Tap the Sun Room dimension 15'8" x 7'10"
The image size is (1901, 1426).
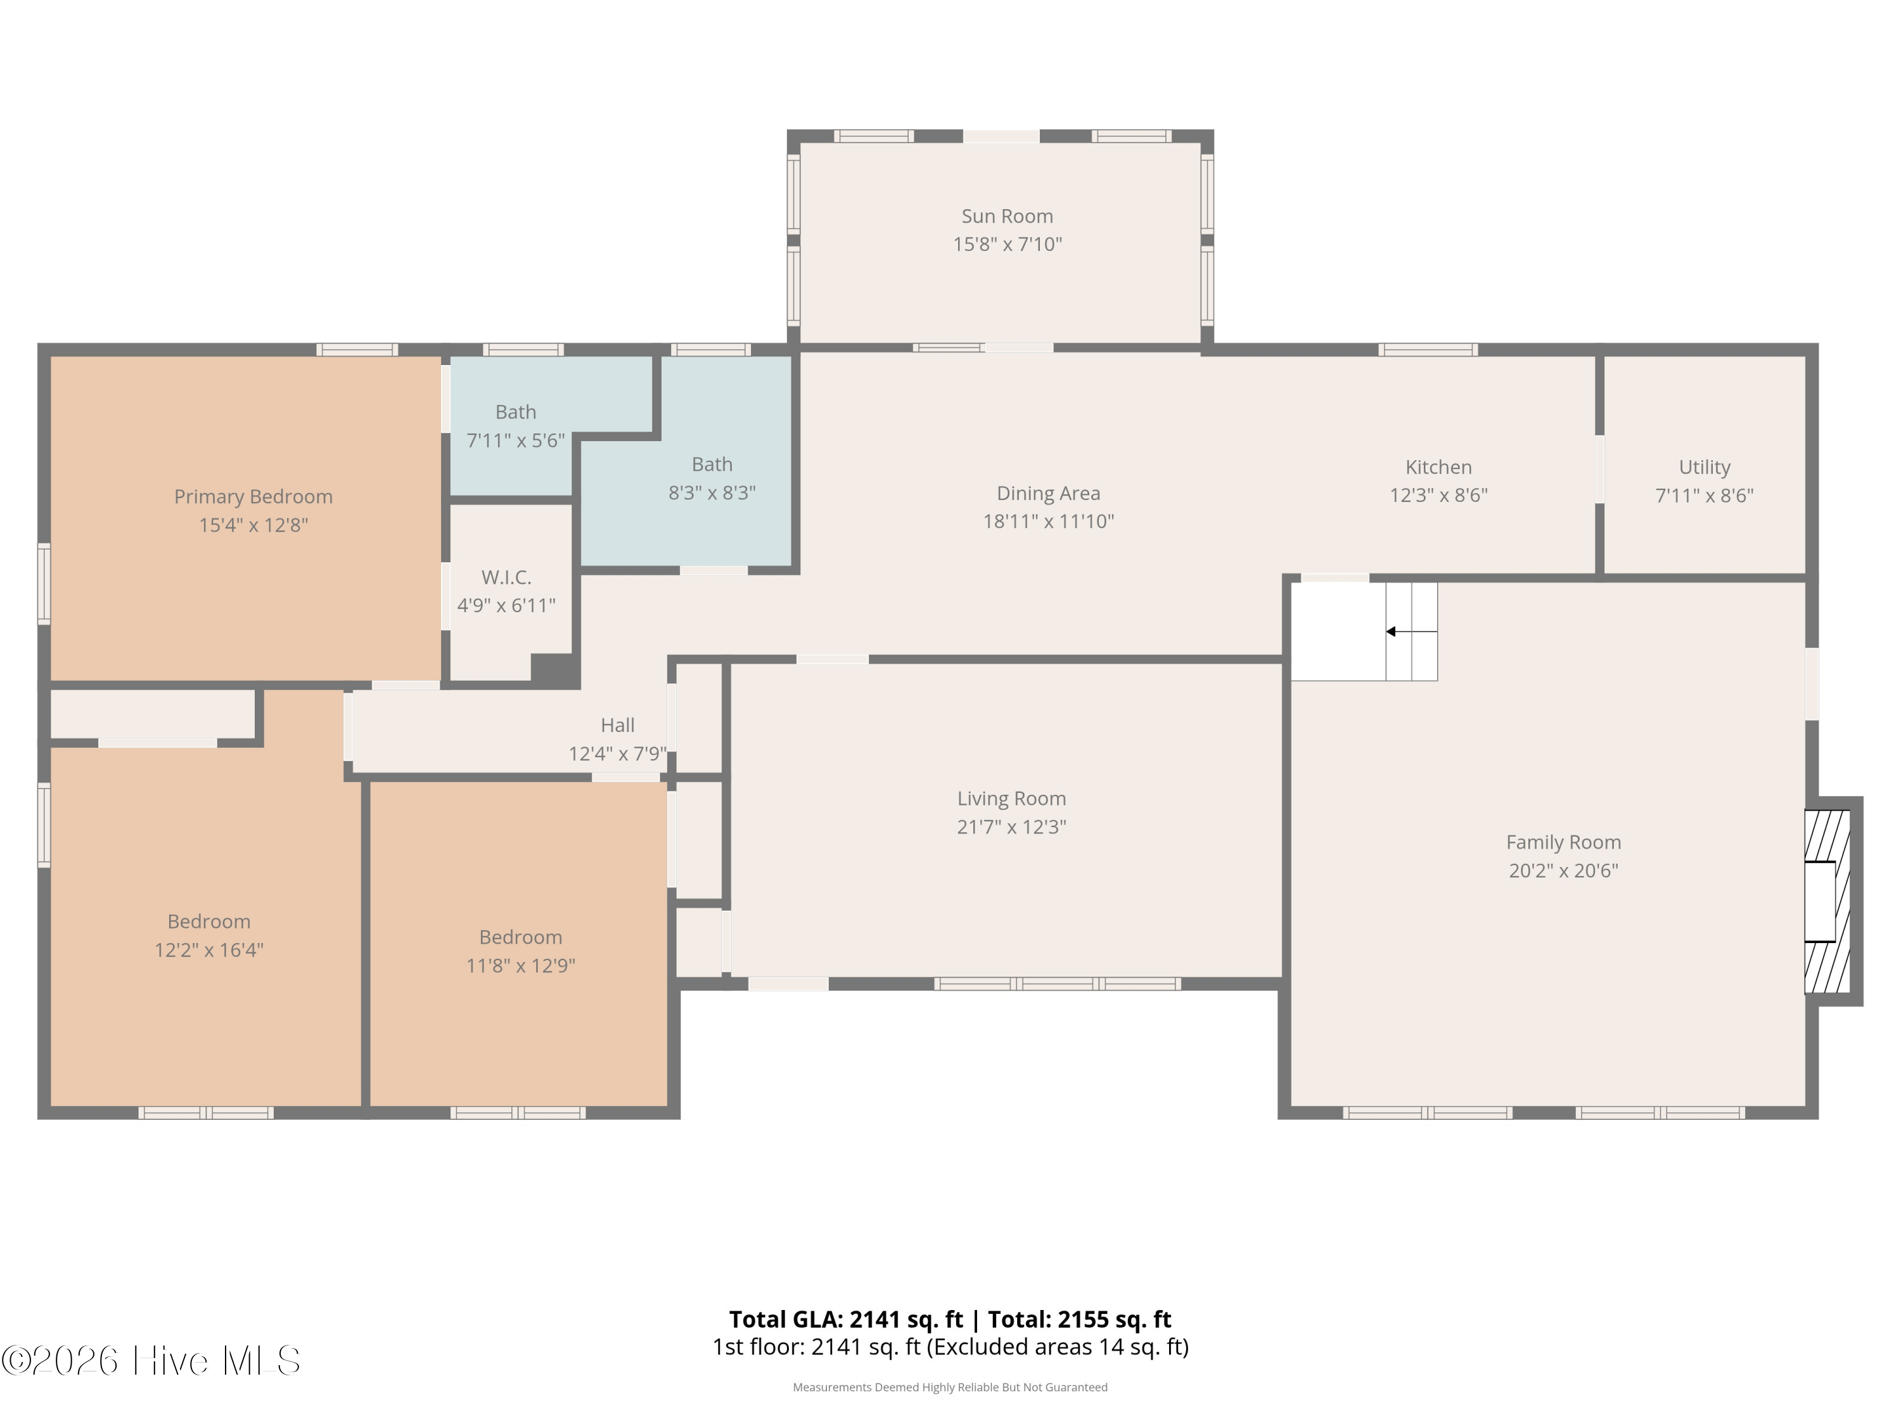(x=1008, y=244)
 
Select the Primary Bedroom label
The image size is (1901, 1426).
(x=253, y=497)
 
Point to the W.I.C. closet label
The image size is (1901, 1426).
(x=506, y=577)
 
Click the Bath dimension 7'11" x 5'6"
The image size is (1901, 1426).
(x=516, y=440)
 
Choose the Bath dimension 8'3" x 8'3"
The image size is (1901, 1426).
(x=712, y=492)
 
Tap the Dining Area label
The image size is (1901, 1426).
(x=1049, y=493)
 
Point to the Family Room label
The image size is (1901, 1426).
(x=1564, y=842)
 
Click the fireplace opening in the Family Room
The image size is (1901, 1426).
(x=1819, y=902)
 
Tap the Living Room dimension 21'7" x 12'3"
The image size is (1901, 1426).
(x=1011, y=827)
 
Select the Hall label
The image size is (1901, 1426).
(x=618, y=726)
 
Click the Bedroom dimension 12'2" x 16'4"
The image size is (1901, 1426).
(x=209, y=950)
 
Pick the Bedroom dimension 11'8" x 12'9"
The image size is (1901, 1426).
(x=521, y=965)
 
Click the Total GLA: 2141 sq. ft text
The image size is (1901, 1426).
(x=847, y=1320)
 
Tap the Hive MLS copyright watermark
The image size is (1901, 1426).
(x=151, y=1361)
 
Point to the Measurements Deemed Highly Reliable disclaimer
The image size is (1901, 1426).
(x=951, y=1387)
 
